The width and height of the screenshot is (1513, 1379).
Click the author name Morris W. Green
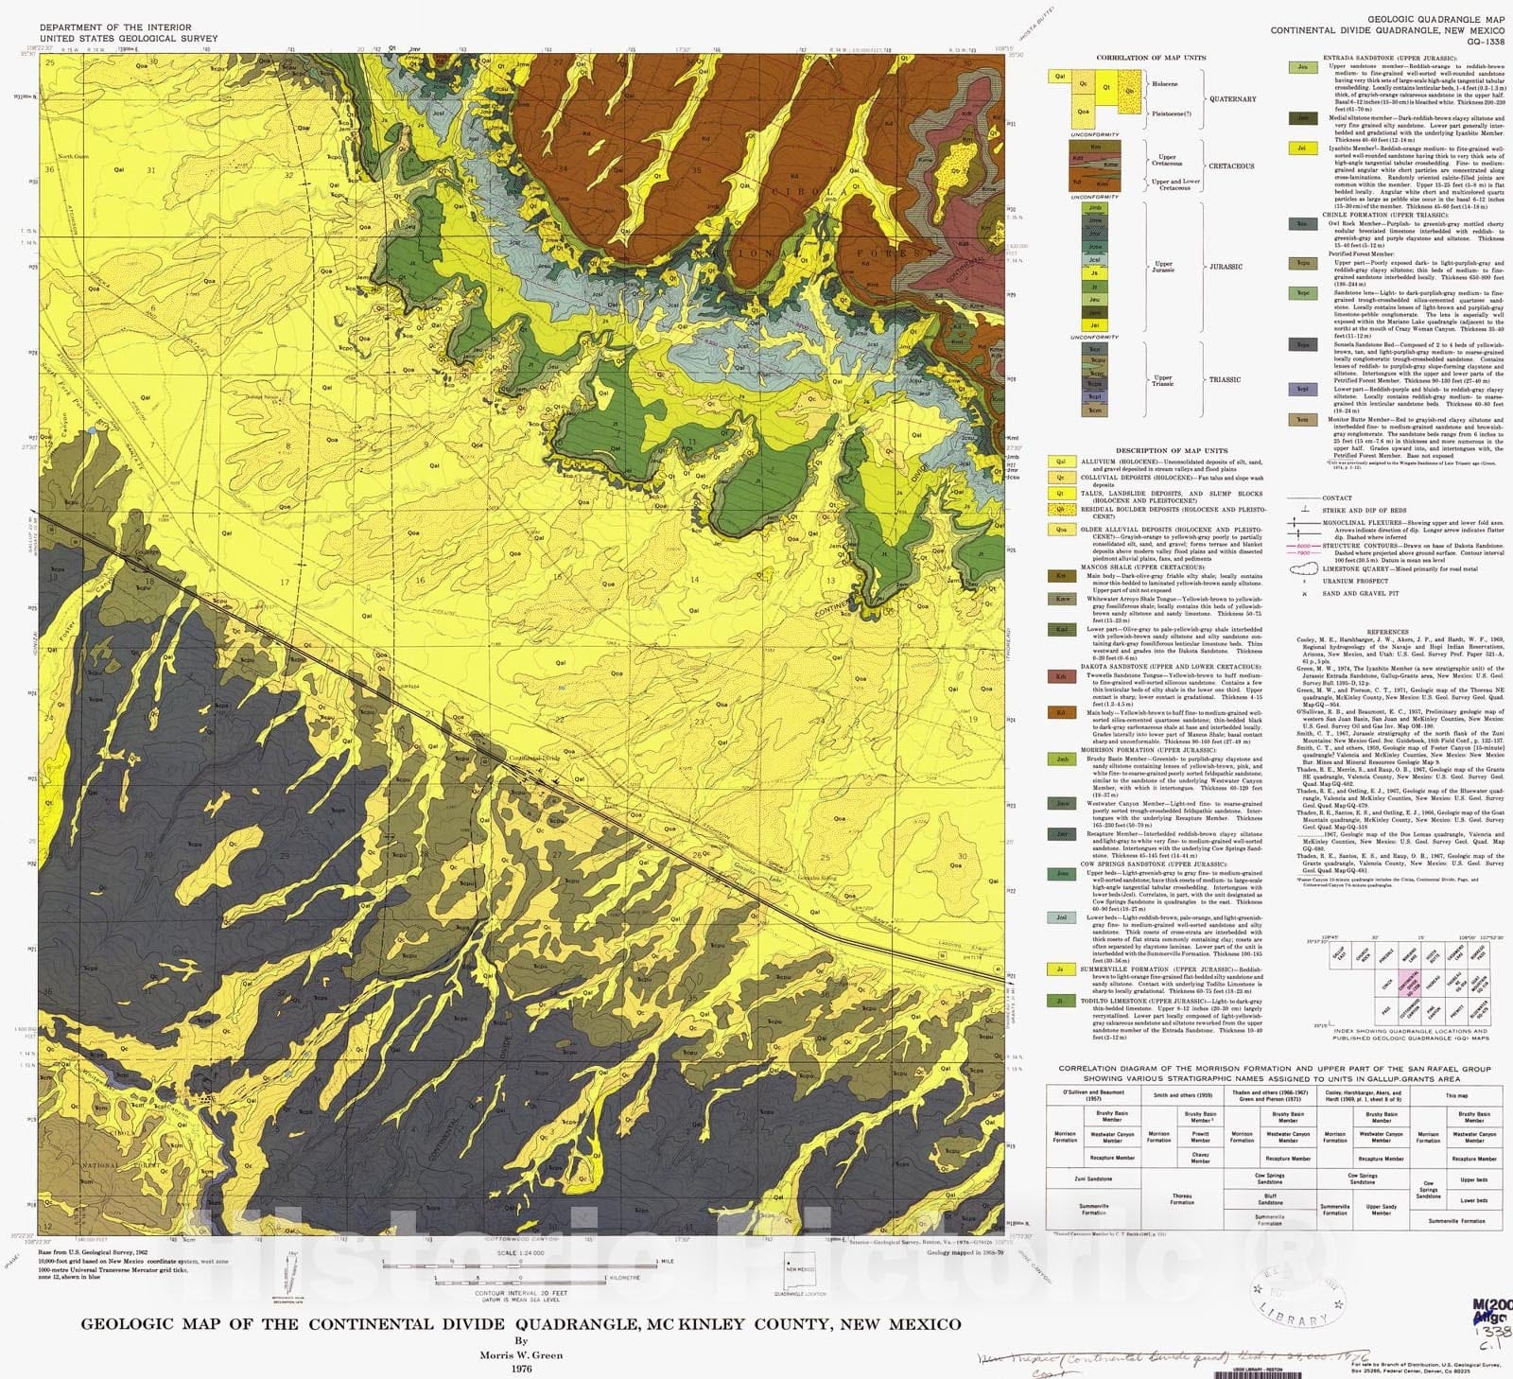click(520, 1354)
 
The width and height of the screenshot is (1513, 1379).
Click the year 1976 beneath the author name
click(520, 1368)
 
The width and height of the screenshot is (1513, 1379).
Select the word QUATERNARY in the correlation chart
click(1232, 98)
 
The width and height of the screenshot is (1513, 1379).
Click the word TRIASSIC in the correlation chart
click(1225, 379)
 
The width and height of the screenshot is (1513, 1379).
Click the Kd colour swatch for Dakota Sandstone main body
click(1062, 711)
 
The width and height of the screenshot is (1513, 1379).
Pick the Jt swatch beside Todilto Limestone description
click(1062, 1000)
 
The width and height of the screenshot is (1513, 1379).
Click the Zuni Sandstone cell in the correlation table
click(1092, 1178)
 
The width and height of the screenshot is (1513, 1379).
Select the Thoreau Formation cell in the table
click(1182, 1199)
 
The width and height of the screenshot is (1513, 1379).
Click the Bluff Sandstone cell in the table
click(1270, 1197)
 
